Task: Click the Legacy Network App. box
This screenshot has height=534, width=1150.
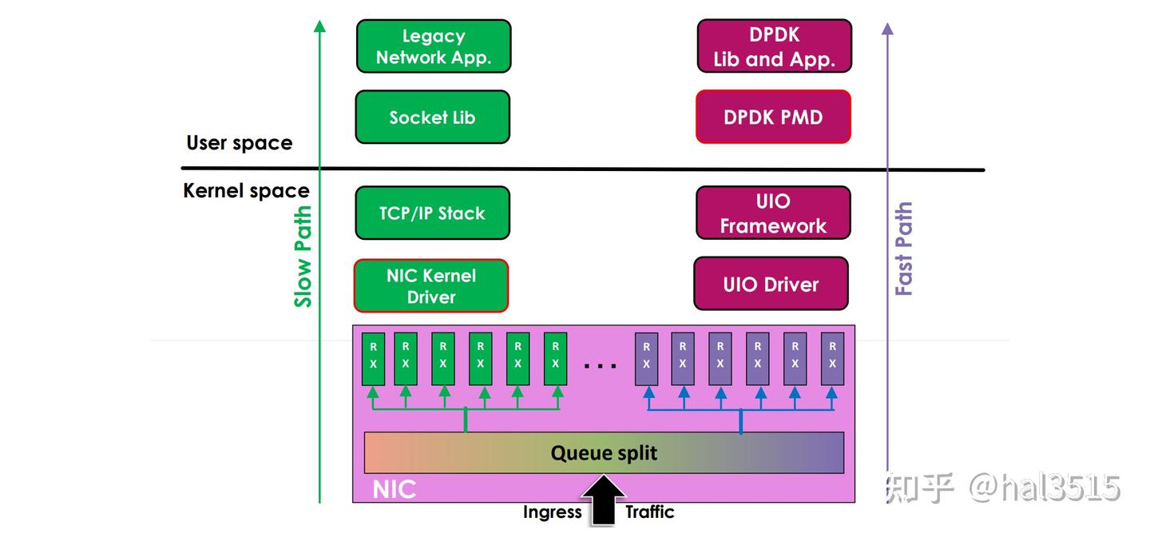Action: (433, 46)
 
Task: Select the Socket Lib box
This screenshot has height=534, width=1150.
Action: (432, 117)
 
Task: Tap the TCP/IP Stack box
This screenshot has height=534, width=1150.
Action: (432, 213)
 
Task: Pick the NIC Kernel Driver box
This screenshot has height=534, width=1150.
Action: (431, 285)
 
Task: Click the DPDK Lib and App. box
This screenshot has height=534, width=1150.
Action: (774, 46)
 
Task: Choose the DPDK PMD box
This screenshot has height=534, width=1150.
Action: (773, 117)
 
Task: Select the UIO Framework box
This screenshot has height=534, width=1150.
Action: (773, 213)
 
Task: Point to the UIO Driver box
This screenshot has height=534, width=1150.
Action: (771, 284)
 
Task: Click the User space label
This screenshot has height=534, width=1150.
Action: (239, 143)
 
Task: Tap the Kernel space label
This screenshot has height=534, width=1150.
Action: (246, 191)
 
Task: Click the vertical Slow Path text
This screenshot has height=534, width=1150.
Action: (303, 257)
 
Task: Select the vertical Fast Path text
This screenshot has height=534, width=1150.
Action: (903, 249)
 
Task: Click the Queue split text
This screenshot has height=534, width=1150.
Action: (604, 452)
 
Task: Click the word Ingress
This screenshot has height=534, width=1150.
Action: (553, 512)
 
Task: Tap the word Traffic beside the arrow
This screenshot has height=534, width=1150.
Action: (649, 512)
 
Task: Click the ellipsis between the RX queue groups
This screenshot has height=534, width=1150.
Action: (601, 365)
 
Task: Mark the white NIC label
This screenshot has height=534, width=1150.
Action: (395, 488)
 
